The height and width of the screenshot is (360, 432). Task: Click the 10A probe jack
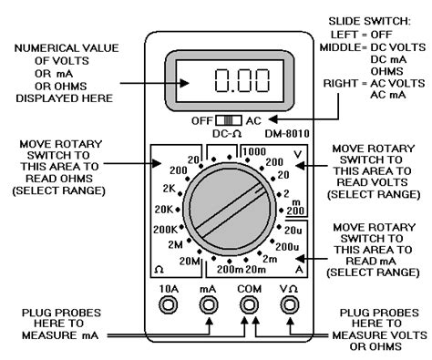point(169,304)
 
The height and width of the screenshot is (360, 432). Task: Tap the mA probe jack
point(209,304)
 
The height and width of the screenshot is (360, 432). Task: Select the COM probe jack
point(249,304)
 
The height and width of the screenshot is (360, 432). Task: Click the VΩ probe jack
point(290,304)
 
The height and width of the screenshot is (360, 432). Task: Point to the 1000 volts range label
point(254,151)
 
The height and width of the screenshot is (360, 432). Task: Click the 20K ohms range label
point(164,210)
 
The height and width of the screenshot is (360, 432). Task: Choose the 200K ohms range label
point(165,230)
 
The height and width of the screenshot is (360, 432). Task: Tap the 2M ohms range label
point(175,244)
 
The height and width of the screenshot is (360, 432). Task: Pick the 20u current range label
point(293,231)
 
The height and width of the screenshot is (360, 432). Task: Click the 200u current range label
point(287,247)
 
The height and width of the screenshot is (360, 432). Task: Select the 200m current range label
point(231,270)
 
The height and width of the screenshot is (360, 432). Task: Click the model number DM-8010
point(287,134)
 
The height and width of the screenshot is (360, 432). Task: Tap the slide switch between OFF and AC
point(229,120)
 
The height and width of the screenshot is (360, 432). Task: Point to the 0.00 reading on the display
point(242,80)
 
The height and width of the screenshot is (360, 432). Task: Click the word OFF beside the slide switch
point(201,121)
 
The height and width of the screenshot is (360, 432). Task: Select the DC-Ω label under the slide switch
point(227,134)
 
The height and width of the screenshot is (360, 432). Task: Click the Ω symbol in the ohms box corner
point(159,270)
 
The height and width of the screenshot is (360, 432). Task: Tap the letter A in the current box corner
point(299,270)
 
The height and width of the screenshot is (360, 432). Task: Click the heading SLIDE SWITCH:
point(369,21)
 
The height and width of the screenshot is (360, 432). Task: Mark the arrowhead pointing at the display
point(184,83)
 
